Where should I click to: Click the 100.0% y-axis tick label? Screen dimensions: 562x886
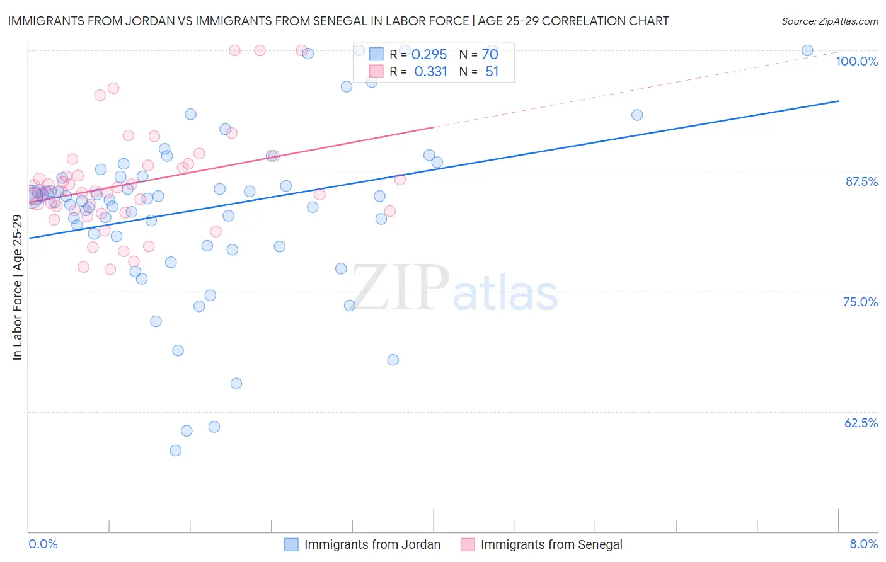coord(856,61)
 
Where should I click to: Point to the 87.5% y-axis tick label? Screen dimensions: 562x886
coord(861,181)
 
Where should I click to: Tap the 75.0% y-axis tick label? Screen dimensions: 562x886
coord(860,302)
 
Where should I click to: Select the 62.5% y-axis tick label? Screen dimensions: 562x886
coord(861,423)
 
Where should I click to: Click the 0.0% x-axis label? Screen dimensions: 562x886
coord(43,544)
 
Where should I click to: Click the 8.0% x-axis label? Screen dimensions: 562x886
coord(863,544)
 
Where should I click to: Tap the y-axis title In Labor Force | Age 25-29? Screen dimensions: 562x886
coord(17,287)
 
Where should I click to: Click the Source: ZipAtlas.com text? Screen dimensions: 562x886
coord(829,21)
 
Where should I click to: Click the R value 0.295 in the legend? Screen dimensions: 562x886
coord(429,55)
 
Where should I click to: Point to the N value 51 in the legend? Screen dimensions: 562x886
coord(492,72)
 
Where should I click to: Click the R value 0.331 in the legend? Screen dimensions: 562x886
coord(430,72)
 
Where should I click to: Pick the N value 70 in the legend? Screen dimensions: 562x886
coord(490,55)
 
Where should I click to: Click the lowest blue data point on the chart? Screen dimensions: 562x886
coord(176,450)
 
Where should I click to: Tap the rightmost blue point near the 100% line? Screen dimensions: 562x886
coord(807,50)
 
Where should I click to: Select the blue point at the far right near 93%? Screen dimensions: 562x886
coord(637,115)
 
